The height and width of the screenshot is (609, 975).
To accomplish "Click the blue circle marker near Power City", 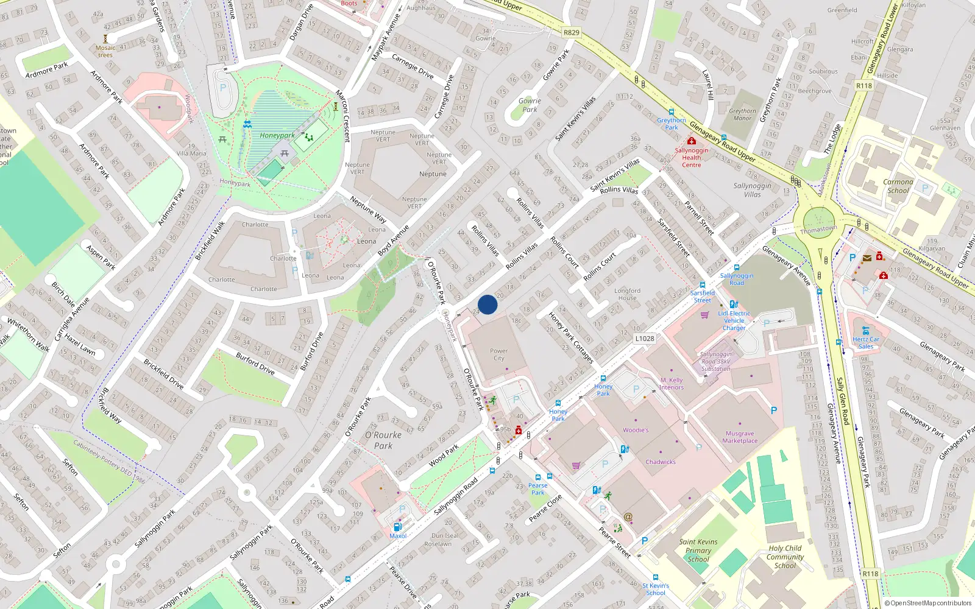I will click(487, 304).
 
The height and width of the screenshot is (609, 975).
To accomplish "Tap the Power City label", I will click(498, 354).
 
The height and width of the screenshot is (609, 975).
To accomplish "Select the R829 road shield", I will click(572, 33).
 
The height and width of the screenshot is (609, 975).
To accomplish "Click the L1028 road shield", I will click(645, 339).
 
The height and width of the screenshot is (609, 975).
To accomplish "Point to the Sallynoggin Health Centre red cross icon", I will click(692, 141).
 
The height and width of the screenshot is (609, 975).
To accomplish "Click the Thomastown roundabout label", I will click(818, 230).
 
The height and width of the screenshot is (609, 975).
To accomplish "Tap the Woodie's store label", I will click(636, 430).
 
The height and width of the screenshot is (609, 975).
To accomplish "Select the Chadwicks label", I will click(661, 462).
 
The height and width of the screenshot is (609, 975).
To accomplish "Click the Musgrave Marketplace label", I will click(740, 437).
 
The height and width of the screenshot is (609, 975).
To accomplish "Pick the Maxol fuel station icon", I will click(398, 527).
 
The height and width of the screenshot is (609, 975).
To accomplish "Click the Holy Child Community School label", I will click(785, 557).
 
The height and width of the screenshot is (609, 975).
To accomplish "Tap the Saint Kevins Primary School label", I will click(698, 550).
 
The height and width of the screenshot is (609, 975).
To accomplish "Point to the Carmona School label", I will click(898, 186).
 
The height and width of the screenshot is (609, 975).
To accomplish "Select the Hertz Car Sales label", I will click(866, 343).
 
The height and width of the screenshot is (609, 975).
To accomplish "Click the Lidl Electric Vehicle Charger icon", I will click(734, 304).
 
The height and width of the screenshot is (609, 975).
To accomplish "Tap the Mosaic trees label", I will click(105, 51).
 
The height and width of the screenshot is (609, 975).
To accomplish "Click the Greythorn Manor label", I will click(742, 114).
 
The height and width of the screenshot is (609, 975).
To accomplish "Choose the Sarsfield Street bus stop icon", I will click(703, 284).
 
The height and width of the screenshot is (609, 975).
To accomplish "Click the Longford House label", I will click(627, 294).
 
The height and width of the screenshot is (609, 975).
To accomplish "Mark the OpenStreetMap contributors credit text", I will click(927, 604).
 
